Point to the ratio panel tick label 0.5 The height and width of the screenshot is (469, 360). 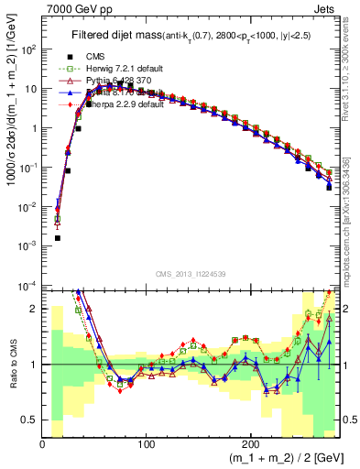click(x=30, y=420)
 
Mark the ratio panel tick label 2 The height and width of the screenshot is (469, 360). click(x=35, y=310)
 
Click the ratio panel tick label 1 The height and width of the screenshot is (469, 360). click(x=35, y=365)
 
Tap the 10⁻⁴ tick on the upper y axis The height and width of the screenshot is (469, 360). click(x=29, y=285)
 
